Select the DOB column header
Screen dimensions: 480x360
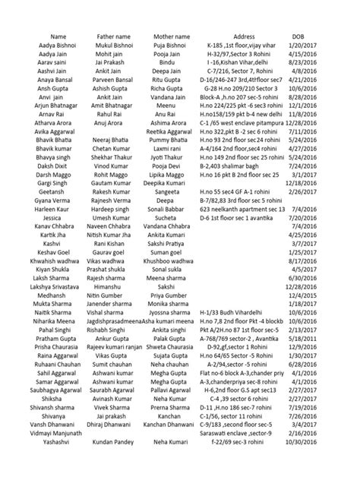click(x=299, y=36)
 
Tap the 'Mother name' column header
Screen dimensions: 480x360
click(x=172, y=36)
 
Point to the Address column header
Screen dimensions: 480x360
click(x=236, y=36)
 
